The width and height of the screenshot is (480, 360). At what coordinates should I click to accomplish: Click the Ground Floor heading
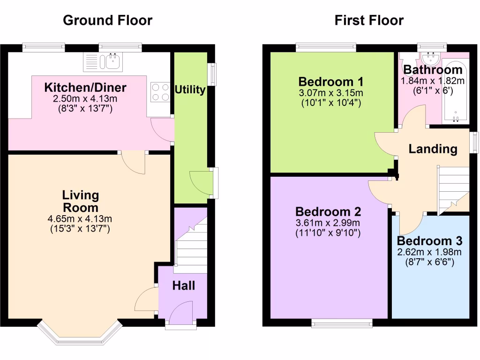pos(107,20)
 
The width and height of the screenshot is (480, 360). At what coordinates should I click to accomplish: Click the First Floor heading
pos(369,20)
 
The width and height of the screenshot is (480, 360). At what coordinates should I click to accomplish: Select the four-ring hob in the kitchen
pos(160,92)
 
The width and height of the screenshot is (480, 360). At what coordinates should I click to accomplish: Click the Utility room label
pos(190,90)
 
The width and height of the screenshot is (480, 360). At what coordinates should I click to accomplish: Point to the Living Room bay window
pos(80,334)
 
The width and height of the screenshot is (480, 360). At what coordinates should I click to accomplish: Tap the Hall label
pos(183,285)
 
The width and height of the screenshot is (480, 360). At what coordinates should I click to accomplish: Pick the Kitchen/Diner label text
pos(85,88)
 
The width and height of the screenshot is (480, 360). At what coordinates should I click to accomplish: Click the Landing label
pos(433,149)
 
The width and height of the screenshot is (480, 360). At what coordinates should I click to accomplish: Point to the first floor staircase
pos(453,190)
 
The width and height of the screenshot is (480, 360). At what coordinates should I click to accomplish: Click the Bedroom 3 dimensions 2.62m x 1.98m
pos(429,252)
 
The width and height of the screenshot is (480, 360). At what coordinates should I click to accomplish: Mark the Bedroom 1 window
pos(326,47)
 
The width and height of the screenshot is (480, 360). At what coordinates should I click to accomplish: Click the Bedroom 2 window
pos(342,323)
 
